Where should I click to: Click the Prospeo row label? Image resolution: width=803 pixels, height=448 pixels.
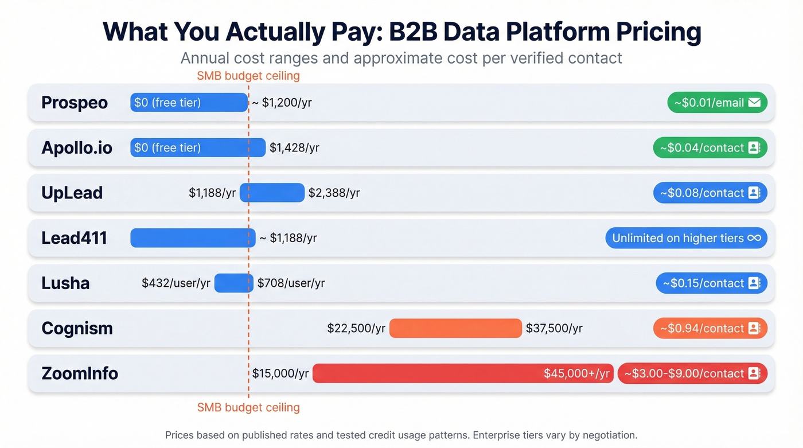(x=75, y=103)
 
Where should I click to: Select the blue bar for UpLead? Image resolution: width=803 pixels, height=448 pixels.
(x=272, y=193)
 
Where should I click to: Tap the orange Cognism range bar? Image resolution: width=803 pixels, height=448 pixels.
(x=455, y=328)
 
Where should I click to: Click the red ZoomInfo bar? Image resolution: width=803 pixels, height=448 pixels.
(x=462, y=373)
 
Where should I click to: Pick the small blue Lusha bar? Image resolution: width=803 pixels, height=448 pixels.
(x=233, y=283)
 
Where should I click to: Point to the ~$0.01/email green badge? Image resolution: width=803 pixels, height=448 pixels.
(x=717, y=103)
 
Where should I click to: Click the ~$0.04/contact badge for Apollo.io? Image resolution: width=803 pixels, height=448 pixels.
(x=710, y=147)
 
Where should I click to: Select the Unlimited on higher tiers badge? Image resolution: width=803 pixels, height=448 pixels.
(x=686, y=238)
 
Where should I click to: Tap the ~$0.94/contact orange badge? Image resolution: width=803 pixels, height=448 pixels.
(x=710, y=328)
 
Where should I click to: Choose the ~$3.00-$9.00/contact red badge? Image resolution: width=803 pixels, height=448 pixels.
(x=692, y=373)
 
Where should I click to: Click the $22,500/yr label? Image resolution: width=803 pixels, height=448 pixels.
(x=356, y=328)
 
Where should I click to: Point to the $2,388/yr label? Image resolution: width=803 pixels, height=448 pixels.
(x=334, y=193)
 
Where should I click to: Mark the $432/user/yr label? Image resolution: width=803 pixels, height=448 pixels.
(x=176, y=283)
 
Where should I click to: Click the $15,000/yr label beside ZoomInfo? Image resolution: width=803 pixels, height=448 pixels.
(x=280, y=373)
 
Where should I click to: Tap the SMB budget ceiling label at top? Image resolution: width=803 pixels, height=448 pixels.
(x=248, y=76)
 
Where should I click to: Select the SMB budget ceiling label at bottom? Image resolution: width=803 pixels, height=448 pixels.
(x=248, y=408)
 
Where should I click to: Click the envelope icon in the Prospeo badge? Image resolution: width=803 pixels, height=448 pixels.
(x=754, y=103)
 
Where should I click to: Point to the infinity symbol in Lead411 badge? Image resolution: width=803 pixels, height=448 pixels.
(x=754, y=238)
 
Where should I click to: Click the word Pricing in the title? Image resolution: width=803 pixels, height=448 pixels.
(x=658, y=32)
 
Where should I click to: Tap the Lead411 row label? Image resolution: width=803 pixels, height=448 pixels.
(x=75, y=238)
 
